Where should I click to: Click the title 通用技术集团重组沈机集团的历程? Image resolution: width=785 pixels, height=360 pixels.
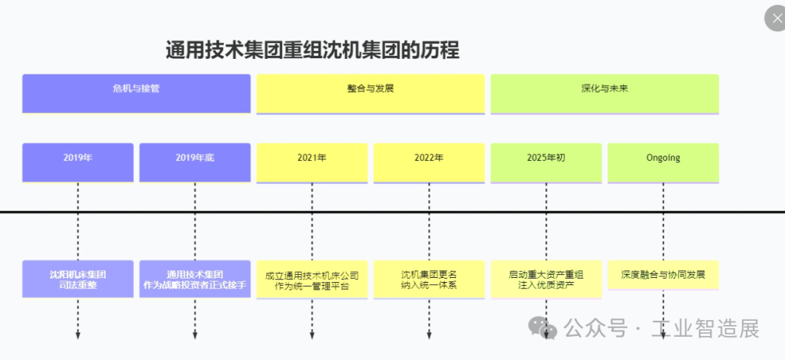313,50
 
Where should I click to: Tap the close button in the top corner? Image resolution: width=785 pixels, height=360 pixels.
776,19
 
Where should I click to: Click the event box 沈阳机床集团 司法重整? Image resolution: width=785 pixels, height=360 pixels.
78,279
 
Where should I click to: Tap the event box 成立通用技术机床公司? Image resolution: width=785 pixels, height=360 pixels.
312,279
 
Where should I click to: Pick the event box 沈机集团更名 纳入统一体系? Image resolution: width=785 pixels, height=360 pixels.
429,279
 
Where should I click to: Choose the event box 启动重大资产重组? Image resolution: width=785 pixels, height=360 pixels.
546,279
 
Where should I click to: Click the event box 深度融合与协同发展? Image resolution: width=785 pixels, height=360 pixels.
663,275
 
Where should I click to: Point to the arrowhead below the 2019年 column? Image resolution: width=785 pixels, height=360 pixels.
78,335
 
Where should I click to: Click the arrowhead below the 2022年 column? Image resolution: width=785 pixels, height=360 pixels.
429,335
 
